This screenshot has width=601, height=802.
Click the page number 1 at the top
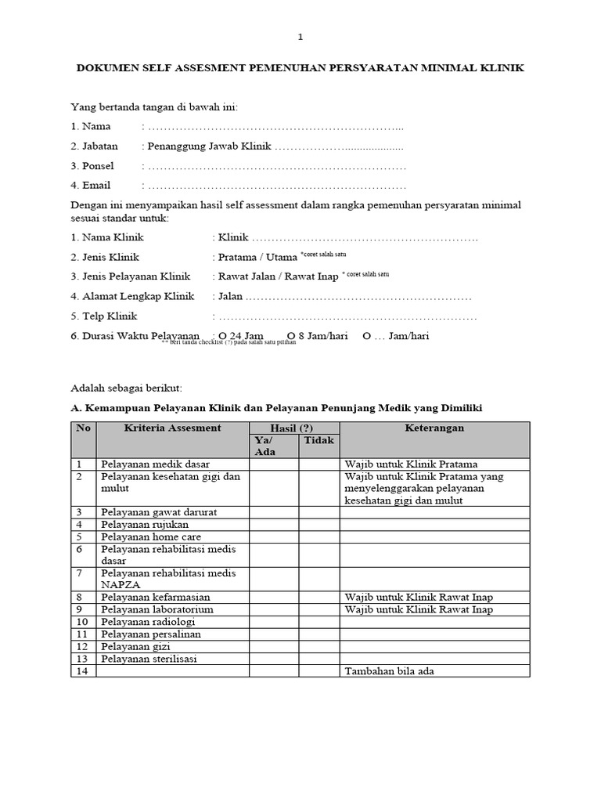[300, 37]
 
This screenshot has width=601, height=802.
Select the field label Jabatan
[95, 146]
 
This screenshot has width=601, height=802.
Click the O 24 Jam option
[242, 336]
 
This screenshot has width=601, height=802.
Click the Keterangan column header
[434, 428]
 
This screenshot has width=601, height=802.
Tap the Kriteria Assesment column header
[172, 428]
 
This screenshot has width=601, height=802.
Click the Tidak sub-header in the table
[318, 441]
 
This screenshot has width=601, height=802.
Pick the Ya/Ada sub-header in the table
[274, 446]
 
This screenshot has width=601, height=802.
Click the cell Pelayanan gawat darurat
[159, 512]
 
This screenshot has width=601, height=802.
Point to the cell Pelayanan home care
[151, 537]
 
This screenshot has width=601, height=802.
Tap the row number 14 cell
[84, 672]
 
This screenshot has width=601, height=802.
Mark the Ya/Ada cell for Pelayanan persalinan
[274, 634]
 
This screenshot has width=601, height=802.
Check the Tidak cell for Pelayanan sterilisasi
[318, 659]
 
